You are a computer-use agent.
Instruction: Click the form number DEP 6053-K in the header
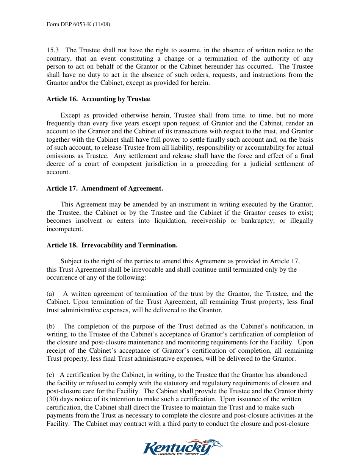78,25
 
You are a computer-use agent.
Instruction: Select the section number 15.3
52,50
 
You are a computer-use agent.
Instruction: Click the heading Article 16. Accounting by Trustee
99,99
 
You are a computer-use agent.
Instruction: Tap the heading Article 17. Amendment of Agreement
105,188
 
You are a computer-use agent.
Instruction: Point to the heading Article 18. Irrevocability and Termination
112,245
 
